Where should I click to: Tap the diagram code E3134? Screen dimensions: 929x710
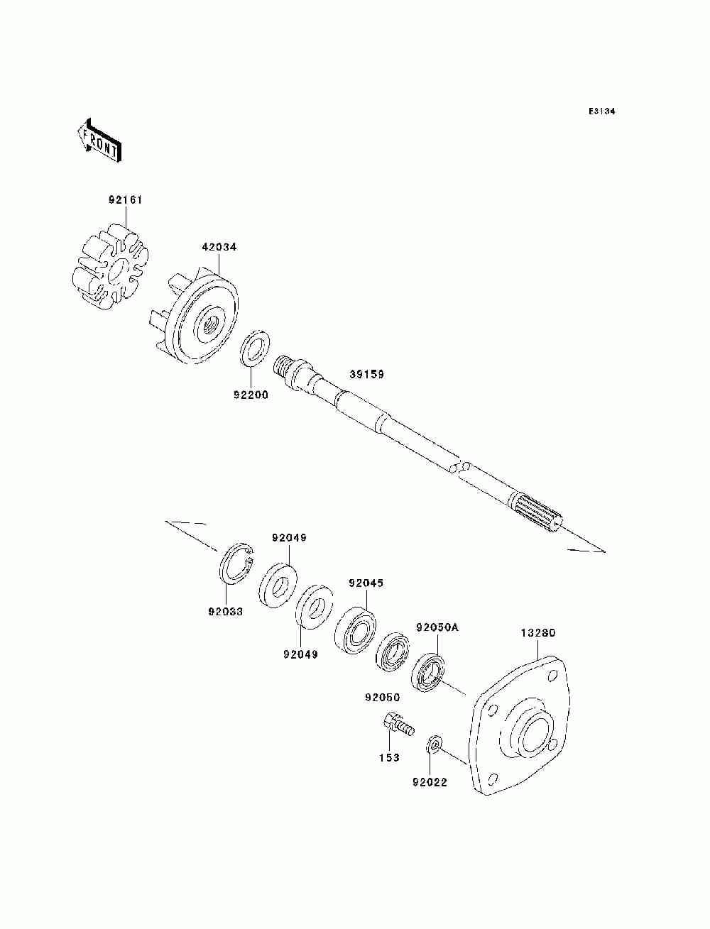tap(601, 112)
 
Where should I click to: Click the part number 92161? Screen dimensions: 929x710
tap(125, 200)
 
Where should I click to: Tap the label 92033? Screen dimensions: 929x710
tap(225, 610)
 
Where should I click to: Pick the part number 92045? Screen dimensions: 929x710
tap(366, 583)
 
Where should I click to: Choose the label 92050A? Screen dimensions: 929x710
tap(437, 627)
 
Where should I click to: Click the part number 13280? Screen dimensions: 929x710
tap(538, 632)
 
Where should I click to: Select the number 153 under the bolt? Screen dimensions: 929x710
tap(389, 757)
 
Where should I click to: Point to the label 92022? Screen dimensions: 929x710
tap(430, 784)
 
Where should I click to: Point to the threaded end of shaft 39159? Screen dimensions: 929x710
tap(283, 369)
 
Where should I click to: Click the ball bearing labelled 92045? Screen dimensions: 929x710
tap(355, 625)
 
